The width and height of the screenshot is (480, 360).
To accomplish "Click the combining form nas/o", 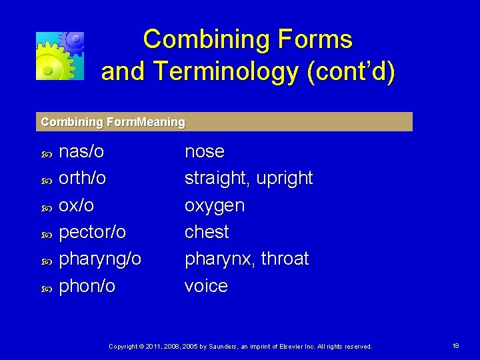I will click(x=81, y=151).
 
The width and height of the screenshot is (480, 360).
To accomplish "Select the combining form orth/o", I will click(x=83, y=178).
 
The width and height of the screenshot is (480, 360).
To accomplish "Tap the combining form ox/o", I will click(x=77, y=205).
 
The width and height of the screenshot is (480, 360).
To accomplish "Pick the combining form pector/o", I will click(x=93, y=232).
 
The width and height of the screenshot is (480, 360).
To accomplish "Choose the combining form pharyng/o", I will click(x=100, y=259).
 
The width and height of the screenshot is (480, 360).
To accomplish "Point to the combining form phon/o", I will click(x=87, y=286).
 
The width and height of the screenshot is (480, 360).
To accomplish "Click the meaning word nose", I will click(x=204, y=151).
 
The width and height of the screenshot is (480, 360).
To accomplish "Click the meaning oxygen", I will click(x=215, y=206).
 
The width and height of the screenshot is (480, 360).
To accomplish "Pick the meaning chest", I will click(x=207, y=232).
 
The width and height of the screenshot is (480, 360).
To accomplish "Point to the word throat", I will click(x=284, y=259).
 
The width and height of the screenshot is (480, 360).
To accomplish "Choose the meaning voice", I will click(x=206, y=286).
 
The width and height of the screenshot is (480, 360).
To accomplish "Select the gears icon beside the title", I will click(x=60, y=55).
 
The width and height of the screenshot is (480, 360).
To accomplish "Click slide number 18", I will click(x=455, y=346).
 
